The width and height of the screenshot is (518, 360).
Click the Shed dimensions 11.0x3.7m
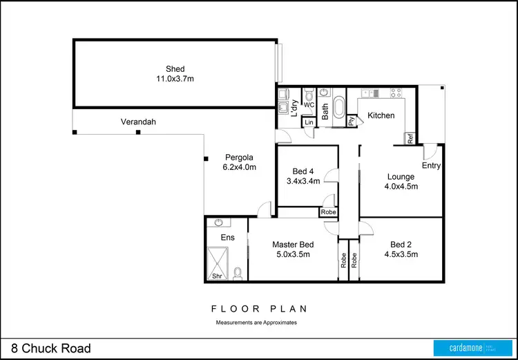coord(175,79)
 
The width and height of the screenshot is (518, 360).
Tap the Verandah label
coord(138,122)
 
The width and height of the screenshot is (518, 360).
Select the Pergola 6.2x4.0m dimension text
coord(239,167)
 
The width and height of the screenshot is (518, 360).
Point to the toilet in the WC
coord(309,95)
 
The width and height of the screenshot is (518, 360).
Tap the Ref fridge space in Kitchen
coord(410,139)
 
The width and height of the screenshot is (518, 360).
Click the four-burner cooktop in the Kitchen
coord(398,93)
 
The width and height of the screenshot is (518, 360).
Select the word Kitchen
coord(381,115)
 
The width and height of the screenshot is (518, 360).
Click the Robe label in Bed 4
coord(329,212)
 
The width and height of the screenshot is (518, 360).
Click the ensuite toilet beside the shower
coord(238,273)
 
